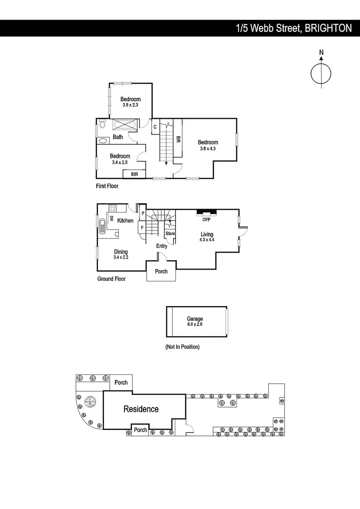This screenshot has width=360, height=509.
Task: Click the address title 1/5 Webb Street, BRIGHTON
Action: pyautogui.click(x=294, y=28)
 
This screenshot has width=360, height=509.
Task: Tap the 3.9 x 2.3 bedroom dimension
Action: pyautogui.click(x=131, y=106)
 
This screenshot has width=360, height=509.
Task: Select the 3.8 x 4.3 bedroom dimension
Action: pyautogui.click(x=208, y=149)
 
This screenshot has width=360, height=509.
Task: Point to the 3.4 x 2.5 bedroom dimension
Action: pyautogui.click(x=120, y=162)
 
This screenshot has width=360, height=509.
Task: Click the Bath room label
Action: pyautogui.click(x=118, y=137)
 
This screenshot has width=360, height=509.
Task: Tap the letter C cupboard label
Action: pyautogui.click(x=155, y=126)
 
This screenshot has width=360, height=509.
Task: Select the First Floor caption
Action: pyautogui.click(x=107, y=186)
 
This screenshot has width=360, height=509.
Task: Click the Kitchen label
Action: pyautogui.click(x=125, y=221)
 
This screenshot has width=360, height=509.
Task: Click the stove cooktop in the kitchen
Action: pyautogui.click(x=113, y=208)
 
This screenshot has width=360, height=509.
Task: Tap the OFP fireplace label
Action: pyautogui.click(x=206, y=220)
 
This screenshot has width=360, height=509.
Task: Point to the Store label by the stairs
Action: pyautogui.click(x=170, y=234)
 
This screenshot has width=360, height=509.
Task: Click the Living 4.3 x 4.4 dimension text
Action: pyautogui.click(x=207, y=240)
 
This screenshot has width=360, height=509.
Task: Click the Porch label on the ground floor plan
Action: pyautogui.click(x=161, y=271)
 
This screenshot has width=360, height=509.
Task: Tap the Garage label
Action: pyautogui.click(x=195, y=319)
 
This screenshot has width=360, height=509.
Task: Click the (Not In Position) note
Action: pyautogui.click(x=182, y=347)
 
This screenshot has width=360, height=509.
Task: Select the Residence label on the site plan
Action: pyautogui.click(x=141, y=409)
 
